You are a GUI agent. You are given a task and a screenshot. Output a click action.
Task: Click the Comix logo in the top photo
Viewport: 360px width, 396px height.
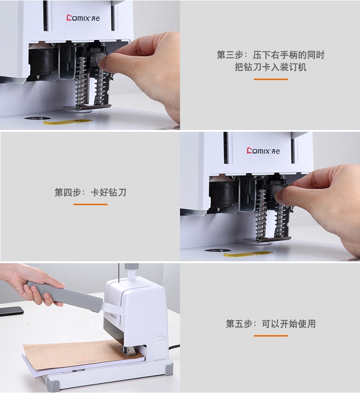pyautogui.click(x=83, y=18)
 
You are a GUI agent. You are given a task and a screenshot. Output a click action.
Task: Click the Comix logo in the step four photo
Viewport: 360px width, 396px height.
pyautogui.click(x=263, y=151)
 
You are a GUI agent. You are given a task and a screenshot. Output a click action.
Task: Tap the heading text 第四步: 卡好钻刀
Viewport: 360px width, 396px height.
pyautogui.click(x=90, y=192)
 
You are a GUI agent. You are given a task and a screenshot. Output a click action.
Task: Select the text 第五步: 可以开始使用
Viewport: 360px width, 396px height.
pyautogui.click(x=271, y=324)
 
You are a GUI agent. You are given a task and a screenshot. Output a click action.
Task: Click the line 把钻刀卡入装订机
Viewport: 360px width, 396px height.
pyautogui.click(x=271, y=67)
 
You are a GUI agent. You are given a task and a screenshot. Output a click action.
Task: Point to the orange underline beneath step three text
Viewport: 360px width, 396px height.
pyautogui.click(x=271, y=79)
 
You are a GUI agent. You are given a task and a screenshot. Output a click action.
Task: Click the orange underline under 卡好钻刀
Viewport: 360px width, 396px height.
pyautogui.click(x=90, y=204)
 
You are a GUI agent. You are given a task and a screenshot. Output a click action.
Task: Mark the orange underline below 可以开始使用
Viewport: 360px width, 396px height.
pyautogui.click(x=271, y=336)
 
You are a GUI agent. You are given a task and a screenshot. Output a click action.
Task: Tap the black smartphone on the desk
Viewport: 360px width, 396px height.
pyautogui.click(x=10, y=311)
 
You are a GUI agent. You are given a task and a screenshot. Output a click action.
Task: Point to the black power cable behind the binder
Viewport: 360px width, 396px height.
pyautogui.click(x=174, y=347)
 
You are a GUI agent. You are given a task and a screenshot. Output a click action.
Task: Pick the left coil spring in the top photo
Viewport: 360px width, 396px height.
pyautogui.click(x=81, y=81)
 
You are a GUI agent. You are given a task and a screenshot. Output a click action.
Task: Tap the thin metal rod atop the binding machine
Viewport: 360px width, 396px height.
pyautogui.click(x=118, y=273)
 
